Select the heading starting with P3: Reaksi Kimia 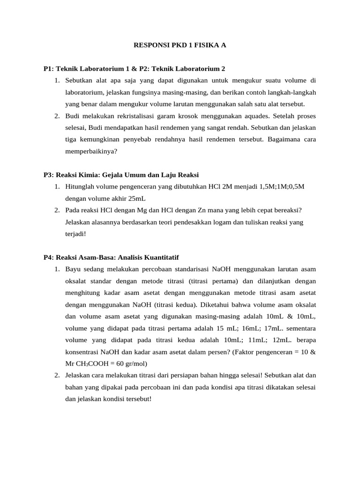(121, 175)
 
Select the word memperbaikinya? (91, 151)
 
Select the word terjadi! (76, 233)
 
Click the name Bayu (74, 269)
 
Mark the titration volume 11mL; (246, 339)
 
